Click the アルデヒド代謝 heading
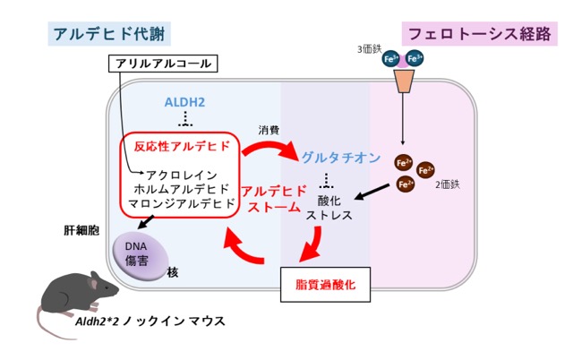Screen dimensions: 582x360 [x=109, y=34]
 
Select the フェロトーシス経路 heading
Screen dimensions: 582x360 [x=480, y=34]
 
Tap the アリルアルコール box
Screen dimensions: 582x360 [x=163, y=64]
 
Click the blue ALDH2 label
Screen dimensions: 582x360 [x=184, y=102]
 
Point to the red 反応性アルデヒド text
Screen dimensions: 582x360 [x=183, y=146]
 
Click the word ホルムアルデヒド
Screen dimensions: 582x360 [x=182, y=189]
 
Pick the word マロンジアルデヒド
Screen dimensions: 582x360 [x=182, y=203]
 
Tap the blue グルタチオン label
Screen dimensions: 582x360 [x=341, y=158]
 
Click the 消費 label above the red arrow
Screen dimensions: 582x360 [x=269, y=130]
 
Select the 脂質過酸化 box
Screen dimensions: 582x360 [x=326, y=284]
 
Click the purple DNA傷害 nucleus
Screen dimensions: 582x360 [x=141, y=256]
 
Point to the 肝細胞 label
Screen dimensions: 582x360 [x=81, y=230]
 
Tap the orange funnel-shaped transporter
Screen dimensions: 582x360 [x=404, y=81]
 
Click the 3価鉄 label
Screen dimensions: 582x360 [x=369, y=49]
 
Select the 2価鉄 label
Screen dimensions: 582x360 [x=448, y=184]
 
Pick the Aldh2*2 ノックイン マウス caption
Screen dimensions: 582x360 [x=150, y=321]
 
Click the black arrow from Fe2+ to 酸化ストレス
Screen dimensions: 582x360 [x=372, y=192]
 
